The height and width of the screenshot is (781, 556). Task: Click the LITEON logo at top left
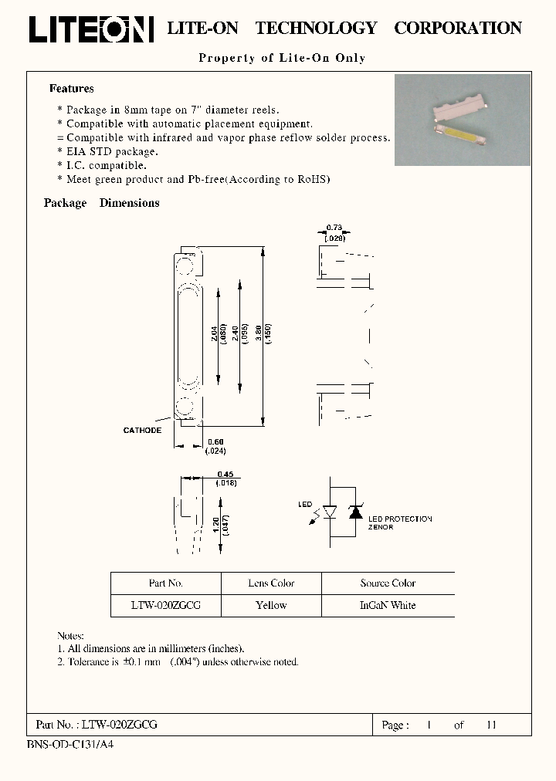pyautogui.click(x=91, y=29)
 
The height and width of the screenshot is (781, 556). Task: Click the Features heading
pyautogui.click(x=72, y=89)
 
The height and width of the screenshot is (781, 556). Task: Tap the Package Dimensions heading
pyautogui.click(x=102, y=203)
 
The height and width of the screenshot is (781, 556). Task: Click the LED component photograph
pyautogui.click(x=463, y=120)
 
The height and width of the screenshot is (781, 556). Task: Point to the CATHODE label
pyautogui.click(x=142, y=430)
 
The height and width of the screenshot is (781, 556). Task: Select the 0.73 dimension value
pyautogui.click(x=334, y=227)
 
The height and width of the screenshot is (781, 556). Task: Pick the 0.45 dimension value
pyautogui.click(x=225, y=475)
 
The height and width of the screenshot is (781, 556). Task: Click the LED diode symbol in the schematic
pyautogui.click(x=330, y=512)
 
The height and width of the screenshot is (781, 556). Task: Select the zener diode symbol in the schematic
pyautogui.click(x=356, y=512)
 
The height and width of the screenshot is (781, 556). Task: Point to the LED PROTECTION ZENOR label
pyautogui.click(x=400, y=523)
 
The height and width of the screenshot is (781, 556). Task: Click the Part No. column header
pyautogui.click(x=166, y=583)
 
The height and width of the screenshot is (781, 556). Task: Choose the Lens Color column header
pyautogui.click(x=271, y=583)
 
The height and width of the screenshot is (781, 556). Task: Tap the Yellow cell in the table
pyautogui.click(x=271, y=606)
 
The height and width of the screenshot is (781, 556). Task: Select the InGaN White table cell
pyautogui.click(x=388, y=606)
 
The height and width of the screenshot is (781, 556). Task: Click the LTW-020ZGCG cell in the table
pyautogui.click(x=166, y=606)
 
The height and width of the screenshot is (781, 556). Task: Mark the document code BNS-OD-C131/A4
pyautogui.click(x=69, y=745)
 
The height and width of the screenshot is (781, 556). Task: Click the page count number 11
pyautogui.click(x=491, y=725)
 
